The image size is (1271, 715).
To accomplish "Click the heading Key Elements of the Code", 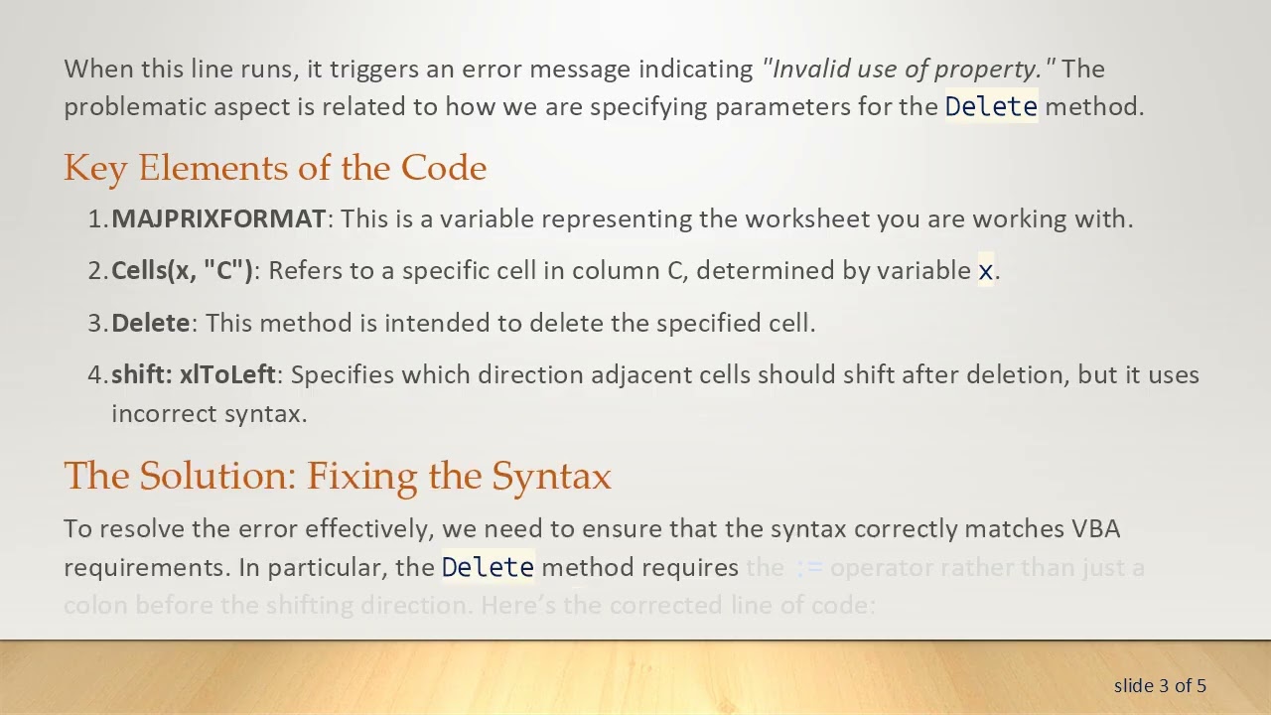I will [275, 168].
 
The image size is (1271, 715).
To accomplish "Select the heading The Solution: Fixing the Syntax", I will [338, 476].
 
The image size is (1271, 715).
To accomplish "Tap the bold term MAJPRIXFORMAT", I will [218, 218].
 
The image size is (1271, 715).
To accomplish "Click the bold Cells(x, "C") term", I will [183, 270].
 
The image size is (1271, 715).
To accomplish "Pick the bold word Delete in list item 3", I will [150, 323].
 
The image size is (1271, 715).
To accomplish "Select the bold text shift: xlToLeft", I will [194, 374].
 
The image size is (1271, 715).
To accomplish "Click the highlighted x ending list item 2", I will [985, 271].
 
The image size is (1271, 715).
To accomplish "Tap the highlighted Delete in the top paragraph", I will [990, 107].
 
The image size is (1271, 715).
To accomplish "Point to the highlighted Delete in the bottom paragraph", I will [488, 568].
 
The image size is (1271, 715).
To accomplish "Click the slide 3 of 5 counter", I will [1160, 685].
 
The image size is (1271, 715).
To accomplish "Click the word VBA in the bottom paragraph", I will [1095, 528].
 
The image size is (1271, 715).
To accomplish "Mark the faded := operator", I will [809, 568].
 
